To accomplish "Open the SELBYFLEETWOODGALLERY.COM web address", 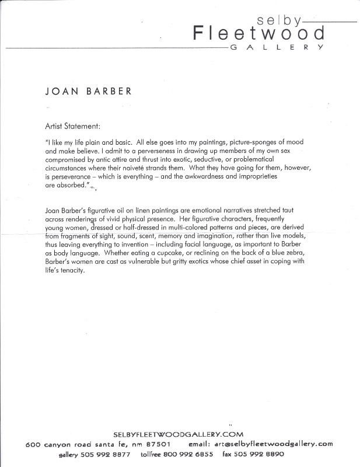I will (179, 434).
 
